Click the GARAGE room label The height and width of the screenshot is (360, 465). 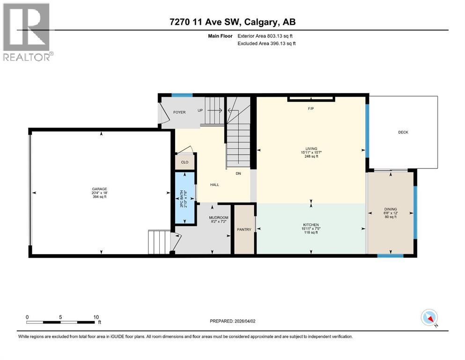click(x=99, y=189)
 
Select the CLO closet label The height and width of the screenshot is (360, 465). click(x=185, y=162)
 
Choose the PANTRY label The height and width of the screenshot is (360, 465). click(x=244, y=229)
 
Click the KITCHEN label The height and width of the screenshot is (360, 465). click(x=310, y=225)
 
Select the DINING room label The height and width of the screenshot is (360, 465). click(x=391, y=209)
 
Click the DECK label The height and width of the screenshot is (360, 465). click(x=403, y=132)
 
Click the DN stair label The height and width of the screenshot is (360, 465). click(x=238, y=173)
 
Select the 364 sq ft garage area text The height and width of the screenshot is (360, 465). click(x=99, y=197)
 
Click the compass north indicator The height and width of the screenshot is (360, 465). click(x=429, y=318)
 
